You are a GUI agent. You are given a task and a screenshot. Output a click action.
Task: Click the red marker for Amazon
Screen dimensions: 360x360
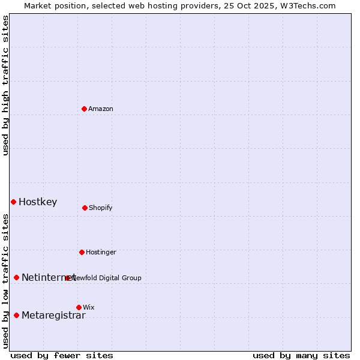point(85,109)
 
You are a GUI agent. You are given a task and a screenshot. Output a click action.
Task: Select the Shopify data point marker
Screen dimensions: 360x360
point(85,208)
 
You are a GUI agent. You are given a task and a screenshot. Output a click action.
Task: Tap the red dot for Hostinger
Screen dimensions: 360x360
point(82,252)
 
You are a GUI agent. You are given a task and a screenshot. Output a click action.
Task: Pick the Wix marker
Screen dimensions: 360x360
point(79,307)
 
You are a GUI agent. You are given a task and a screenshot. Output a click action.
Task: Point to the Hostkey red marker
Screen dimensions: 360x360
point(13,202)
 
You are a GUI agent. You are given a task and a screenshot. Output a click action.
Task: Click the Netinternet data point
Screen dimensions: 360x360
point(16,277)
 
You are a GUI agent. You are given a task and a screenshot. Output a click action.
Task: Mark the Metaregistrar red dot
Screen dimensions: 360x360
point(16,315)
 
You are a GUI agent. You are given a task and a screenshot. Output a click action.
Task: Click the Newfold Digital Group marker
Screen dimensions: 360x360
point(68,278)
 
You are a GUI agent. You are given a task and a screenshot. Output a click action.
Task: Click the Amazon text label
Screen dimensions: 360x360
point(101,109)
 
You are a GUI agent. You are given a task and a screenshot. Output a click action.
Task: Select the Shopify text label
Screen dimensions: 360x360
point(101,208)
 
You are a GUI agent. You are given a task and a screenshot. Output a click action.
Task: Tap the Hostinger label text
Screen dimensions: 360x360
point(101,252)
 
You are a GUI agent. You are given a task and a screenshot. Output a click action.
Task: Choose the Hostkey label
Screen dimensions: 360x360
point(38,202)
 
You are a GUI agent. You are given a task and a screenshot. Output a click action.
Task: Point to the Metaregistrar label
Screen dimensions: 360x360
point(53,316)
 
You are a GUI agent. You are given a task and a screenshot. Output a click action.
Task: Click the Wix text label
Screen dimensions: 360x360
point(89,307)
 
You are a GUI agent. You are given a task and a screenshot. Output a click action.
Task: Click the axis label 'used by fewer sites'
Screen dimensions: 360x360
point(62,355)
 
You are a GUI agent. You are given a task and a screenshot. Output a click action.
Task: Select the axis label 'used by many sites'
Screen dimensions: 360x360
point(301,355)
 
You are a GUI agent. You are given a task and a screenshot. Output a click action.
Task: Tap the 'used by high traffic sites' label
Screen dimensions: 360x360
point(5,85)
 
